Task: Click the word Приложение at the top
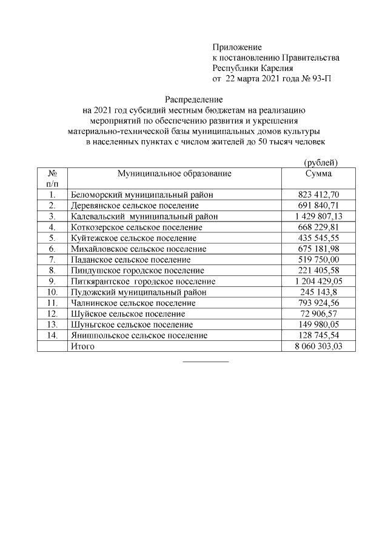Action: click(236, 47)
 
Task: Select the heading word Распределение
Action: click(195, 99)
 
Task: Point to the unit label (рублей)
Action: click(320, 162)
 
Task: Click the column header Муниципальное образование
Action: click(175, 173)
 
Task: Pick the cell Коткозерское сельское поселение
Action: click(136, 227)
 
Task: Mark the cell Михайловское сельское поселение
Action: click(138, 249)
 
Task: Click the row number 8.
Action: click(52, 270)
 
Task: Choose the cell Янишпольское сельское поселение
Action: click(139, 335)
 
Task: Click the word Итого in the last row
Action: click(82, 346)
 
